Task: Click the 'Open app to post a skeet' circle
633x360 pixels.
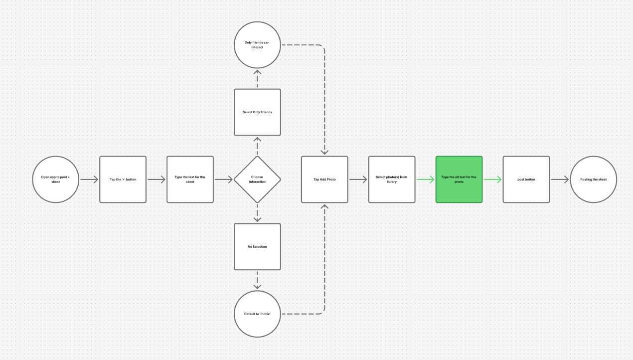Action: (56, 180)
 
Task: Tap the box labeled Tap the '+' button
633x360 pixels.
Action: (123, 180)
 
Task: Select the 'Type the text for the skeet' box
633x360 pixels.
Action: (190, 180)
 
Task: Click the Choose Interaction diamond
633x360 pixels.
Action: (257, 180)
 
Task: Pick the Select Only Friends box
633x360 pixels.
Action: (257, 112)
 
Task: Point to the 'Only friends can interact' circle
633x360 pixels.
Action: (257, 45)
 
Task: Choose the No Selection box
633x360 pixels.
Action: (257, 247)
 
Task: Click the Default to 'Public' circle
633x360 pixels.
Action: (257, 314)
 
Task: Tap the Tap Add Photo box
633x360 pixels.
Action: (324, 180)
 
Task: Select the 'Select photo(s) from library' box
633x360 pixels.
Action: (392, 180)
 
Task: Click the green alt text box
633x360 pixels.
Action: (459, 180)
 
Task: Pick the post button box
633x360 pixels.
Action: (526, 180)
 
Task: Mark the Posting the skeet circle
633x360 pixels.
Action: (593, 180)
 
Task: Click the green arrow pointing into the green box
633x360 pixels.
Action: (425, 180)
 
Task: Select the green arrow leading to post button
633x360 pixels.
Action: (492, 180)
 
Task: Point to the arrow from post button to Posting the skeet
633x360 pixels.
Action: (560, 180)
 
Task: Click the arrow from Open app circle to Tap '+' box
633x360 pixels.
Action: (89, 180)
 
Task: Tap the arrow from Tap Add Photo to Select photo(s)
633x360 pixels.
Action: (358, 180)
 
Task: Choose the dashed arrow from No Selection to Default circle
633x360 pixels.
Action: (257, 280)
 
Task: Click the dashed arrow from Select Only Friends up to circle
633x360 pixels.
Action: (257, 79)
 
